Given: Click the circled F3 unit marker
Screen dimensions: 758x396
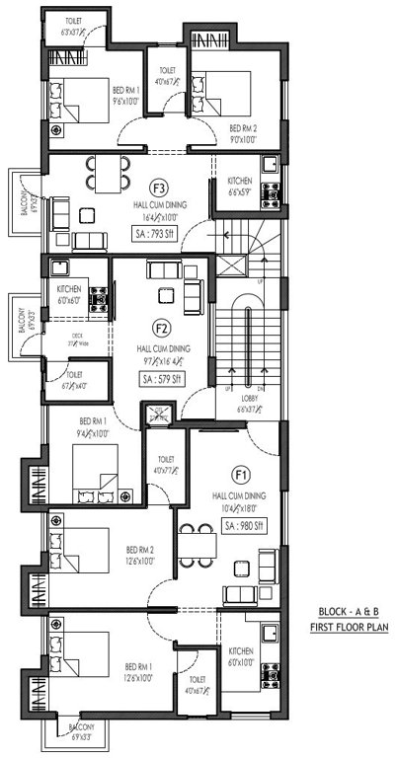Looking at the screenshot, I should point(158,187).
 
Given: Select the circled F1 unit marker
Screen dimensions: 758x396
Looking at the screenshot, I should point(240,473).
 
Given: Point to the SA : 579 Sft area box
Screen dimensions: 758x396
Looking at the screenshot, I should point(163,379).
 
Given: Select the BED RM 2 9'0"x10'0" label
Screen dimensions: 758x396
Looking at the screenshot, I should point(243,134).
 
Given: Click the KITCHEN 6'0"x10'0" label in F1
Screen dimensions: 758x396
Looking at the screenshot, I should point(240,657).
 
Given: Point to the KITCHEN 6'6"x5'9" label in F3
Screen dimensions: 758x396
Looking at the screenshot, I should point(240,188).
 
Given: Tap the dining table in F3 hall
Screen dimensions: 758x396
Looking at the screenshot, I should point(105,174).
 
